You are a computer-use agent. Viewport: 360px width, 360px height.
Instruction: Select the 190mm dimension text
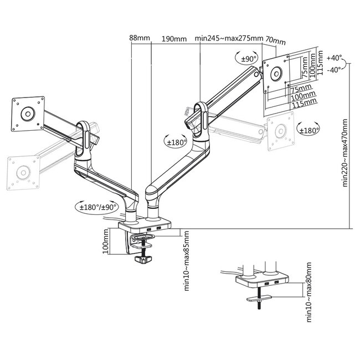click(174, 38)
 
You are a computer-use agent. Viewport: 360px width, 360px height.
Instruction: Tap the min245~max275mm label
click(229, 38)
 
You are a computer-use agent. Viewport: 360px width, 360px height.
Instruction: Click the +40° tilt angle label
click(335, 58)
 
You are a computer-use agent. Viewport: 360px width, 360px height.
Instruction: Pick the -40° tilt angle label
click(335, 70)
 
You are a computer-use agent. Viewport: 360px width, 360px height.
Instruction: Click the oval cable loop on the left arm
click(85, 136)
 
